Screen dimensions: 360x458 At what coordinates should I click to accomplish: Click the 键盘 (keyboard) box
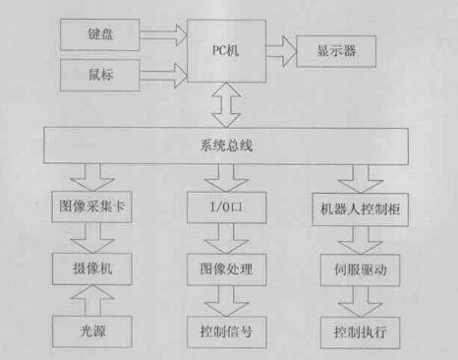tap(99, 35)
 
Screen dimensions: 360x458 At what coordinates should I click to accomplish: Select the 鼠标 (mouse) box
tap(99, 74)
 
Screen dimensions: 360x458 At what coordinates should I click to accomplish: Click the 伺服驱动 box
tap(357, 267)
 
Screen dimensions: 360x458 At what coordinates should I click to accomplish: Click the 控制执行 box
tap(357, 330)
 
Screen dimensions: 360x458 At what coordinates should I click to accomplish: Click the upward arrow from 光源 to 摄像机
tap(95, 298)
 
